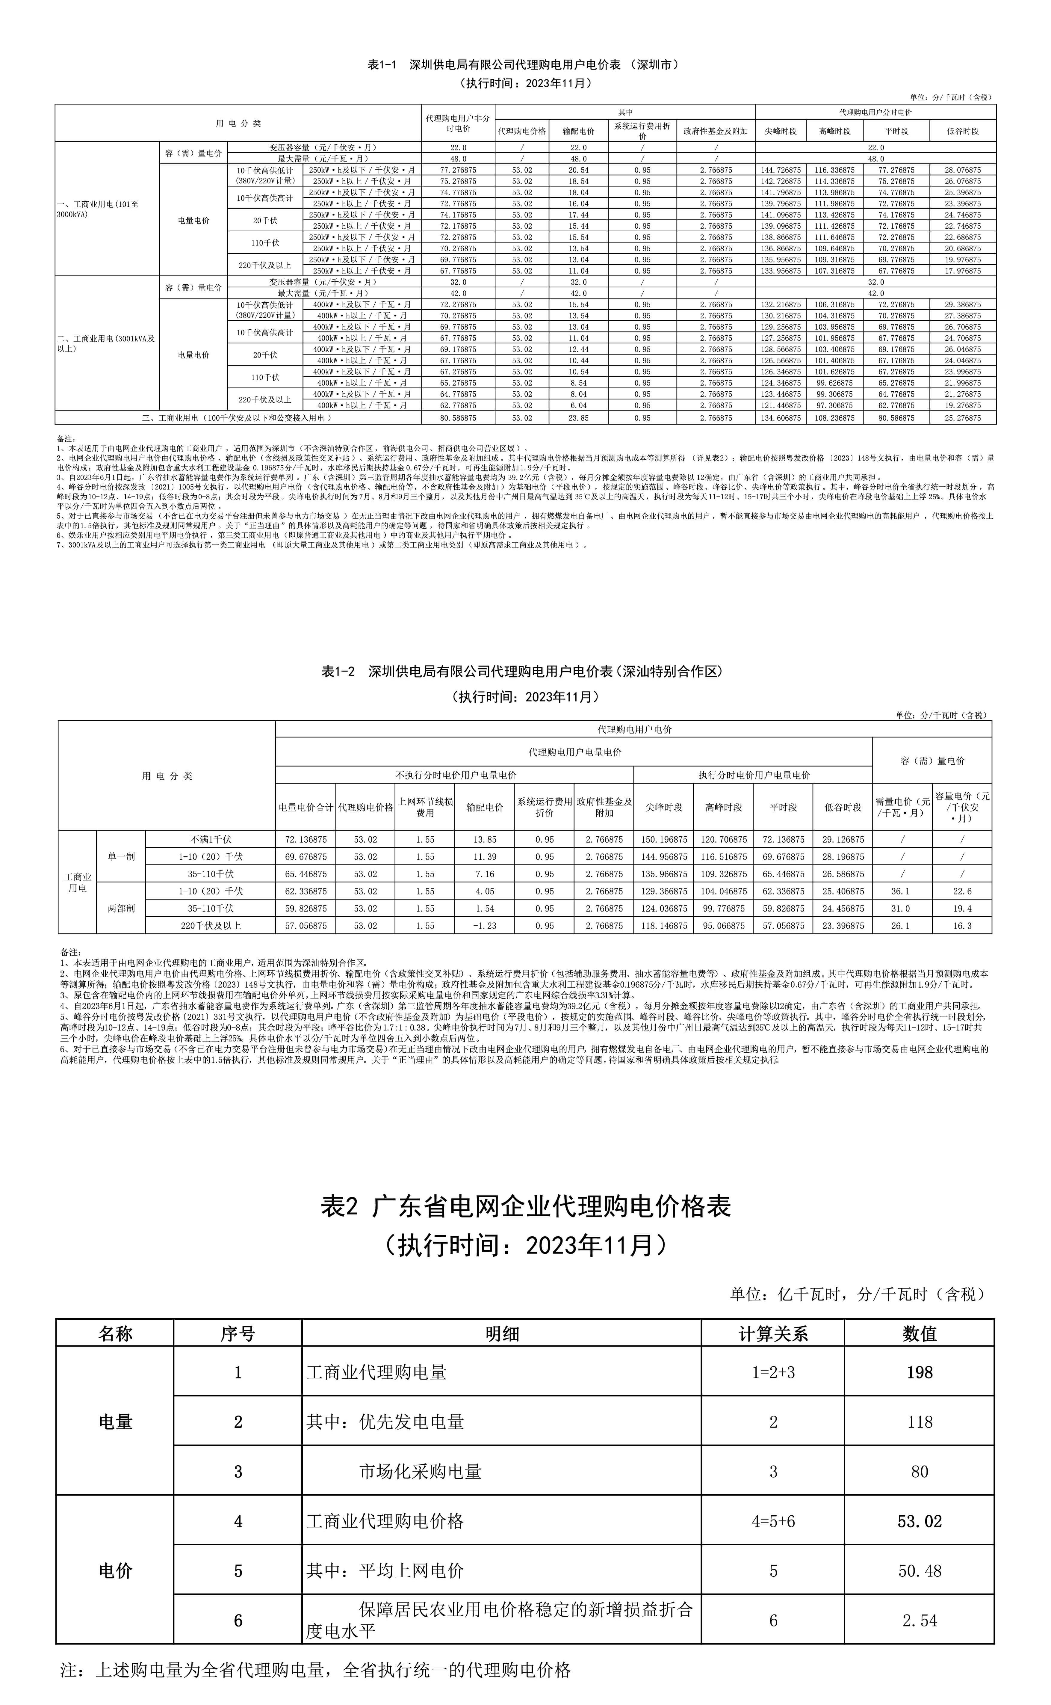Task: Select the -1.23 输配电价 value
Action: coord(485,926)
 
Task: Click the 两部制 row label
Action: coord(121,908)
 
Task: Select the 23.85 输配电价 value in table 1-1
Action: coord(578,418)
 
